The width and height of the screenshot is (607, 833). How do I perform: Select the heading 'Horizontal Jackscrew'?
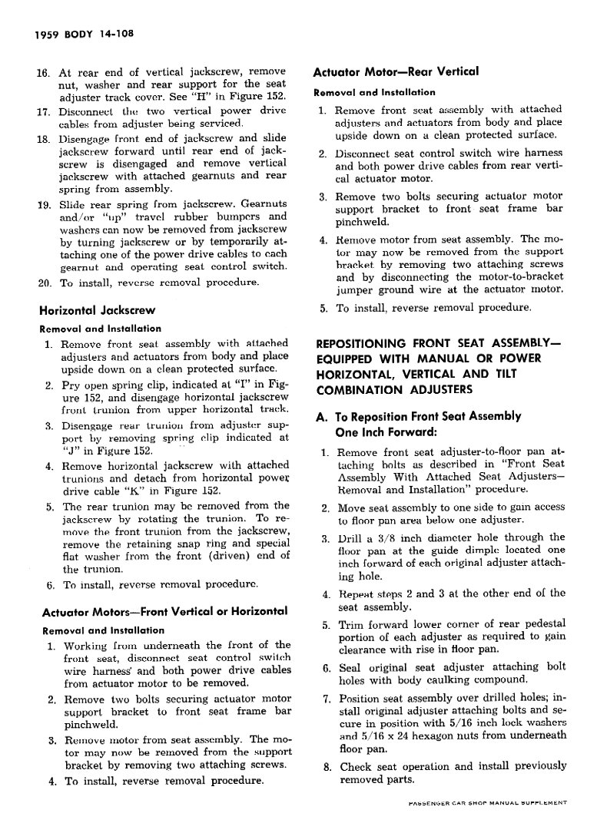(97, 311)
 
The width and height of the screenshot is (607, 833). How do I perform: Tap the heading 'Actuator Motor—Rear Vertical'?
(396, 72)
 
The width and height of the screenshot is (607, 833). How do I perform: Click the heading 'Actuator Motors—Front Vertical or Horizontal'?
(163, 611)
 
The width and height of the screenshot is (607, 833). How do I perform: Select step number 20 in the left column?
(44, 282)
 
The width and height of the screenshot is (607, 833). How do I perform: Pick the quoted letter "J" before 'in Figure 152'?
(69, 451)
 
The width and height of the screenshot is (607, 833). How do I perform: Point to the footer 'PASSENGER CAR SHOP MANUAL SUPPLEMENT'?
(483, 802)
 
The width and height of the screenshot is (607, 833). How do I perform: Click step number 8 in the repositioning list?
(327, 766)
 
